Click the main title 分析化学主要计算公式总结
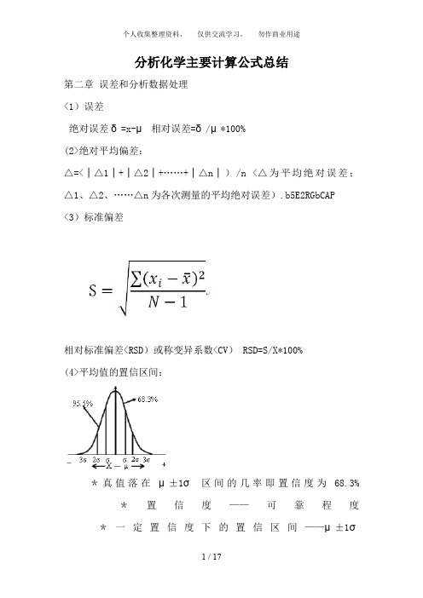211,63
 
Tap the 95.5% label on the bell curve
83,405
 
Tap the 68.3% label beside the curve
149,397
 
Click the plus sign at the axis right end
163,463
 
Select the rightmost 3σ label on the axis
147,457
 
